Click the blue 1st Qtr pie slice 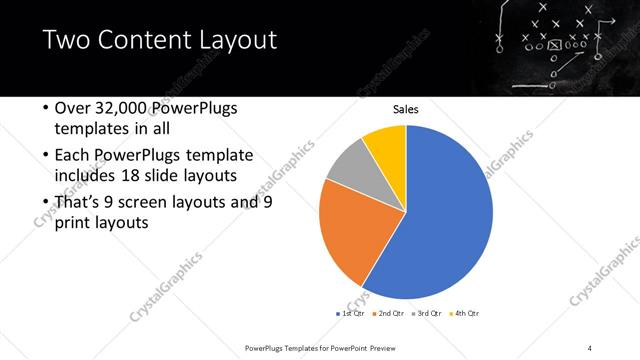tap(440, 220)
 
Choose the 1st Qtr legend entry tap(351, 313)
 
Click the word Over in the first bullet tap(73, 109)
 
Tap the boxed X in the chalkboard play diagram tap(554, 43)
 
